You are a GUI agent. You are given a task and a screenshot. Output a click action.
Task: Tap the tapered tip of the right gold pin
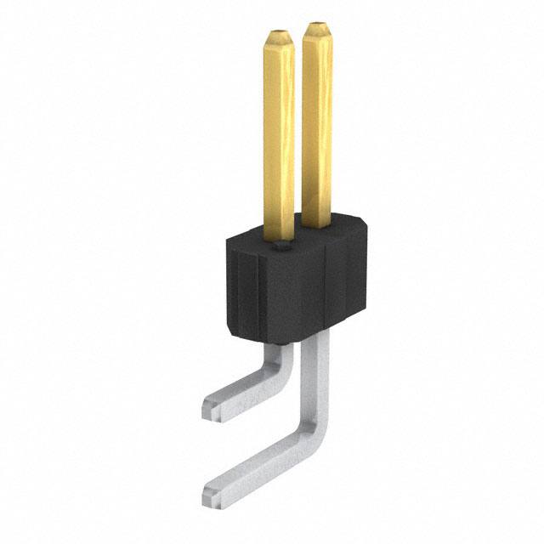pyautogui.click(x=316, y=32)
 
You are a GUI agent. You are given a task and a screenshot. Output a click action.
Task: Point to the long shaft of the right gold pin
pyautogui.click(x=316, y=127)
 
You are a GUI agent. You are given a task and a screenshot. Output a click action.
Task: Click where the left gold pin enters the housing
pyautogui.click(x=279, y=236)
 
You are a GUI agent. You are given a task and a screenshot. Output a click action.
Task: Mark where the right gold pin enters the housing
pyautogui.click(x=316, y=224)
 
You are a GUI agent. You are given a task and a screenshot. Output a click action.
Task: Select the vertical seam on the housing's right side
pyautogui.click(x=326, y=289)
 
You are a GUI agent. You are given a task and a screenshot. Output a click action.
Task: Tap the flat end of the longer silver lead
pyautogui.click(x=212, y=493)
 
